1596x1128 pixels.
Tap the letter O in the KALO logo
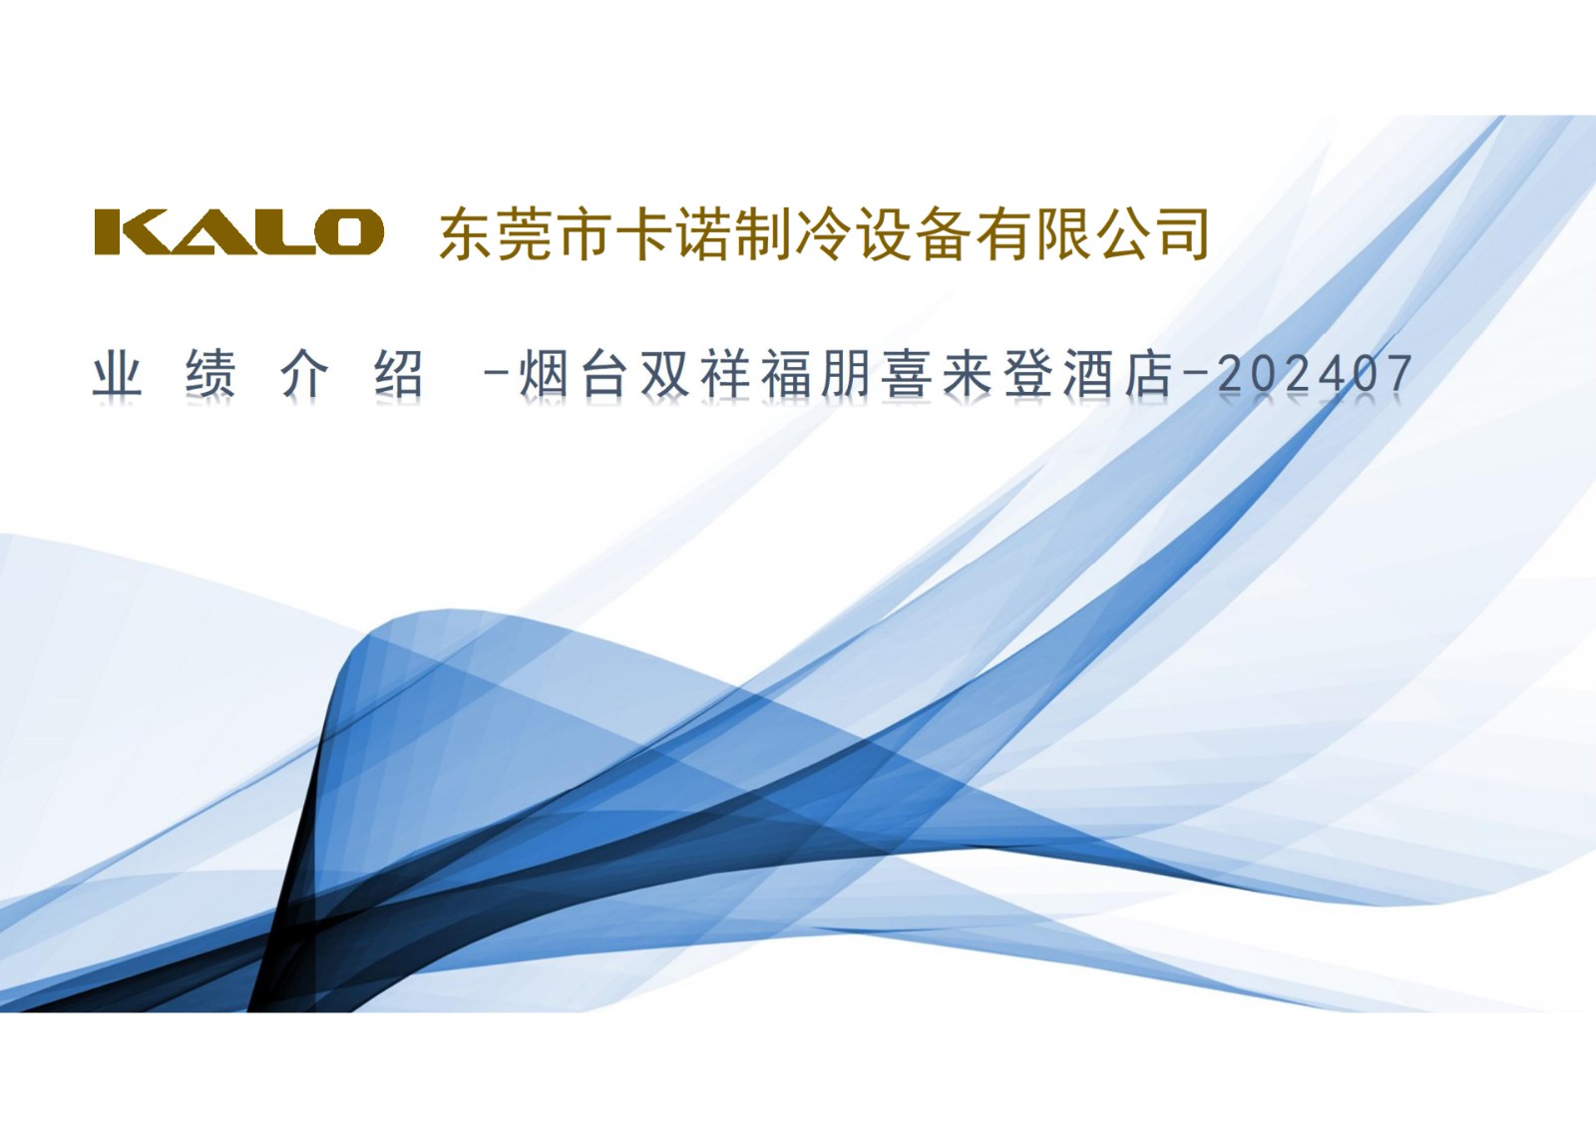click(x=350, y=232)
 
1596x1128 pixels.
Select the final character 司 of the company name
click(x=1183, y=233)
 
